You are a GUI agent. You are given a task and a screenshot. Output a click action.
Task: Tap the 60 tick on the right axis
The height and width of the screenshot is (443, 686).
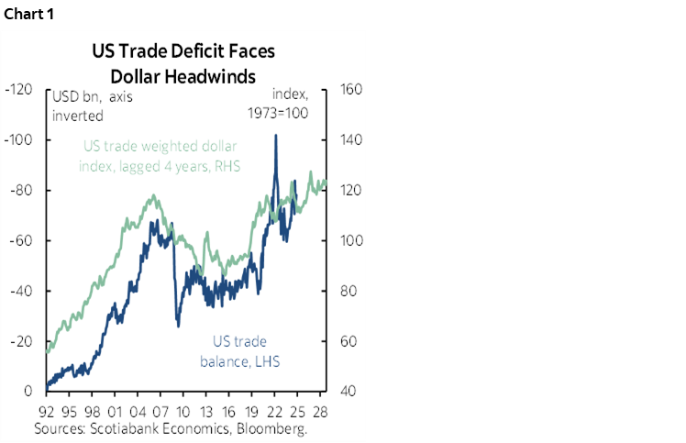351,342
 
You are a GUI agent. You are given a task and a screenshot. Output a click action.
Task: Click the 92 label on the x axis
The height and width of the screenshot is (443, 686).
45,411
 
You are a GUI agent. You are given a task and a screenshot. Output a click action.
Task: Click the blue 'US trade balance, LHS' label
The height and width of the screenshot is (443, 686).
240,351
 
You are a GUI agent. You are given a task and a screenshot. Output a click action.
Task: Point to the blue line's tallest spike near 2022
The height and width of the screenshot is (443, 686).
276,136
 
